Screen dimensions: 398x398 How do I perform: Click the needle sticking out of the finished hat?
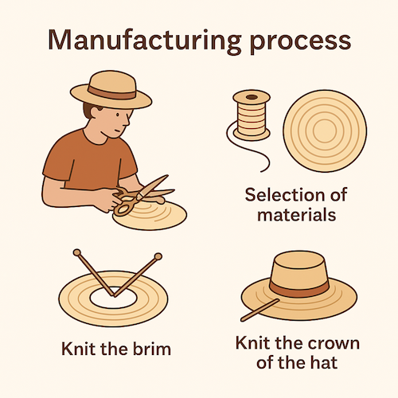[x=258, y=311]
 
